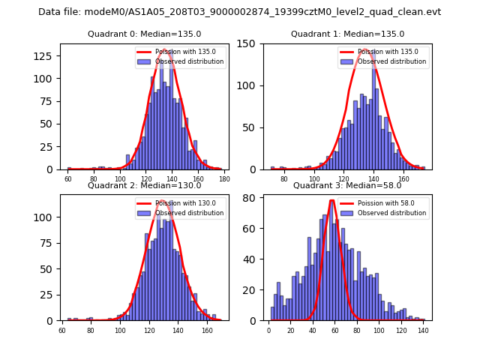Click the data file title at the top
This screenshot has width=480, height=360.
click(x=240, y=12)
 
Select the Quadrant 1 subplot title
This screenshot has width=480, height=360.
click(x=347, y=34)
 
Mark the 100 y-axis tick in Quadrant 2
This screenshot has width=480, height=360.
click(x=47, y=217)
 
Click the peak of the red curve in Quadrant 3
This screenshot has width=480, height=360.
click(x=331, y=200)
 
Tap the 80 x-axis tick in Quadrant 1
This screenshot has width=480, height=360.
click(x=283, y=179)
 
